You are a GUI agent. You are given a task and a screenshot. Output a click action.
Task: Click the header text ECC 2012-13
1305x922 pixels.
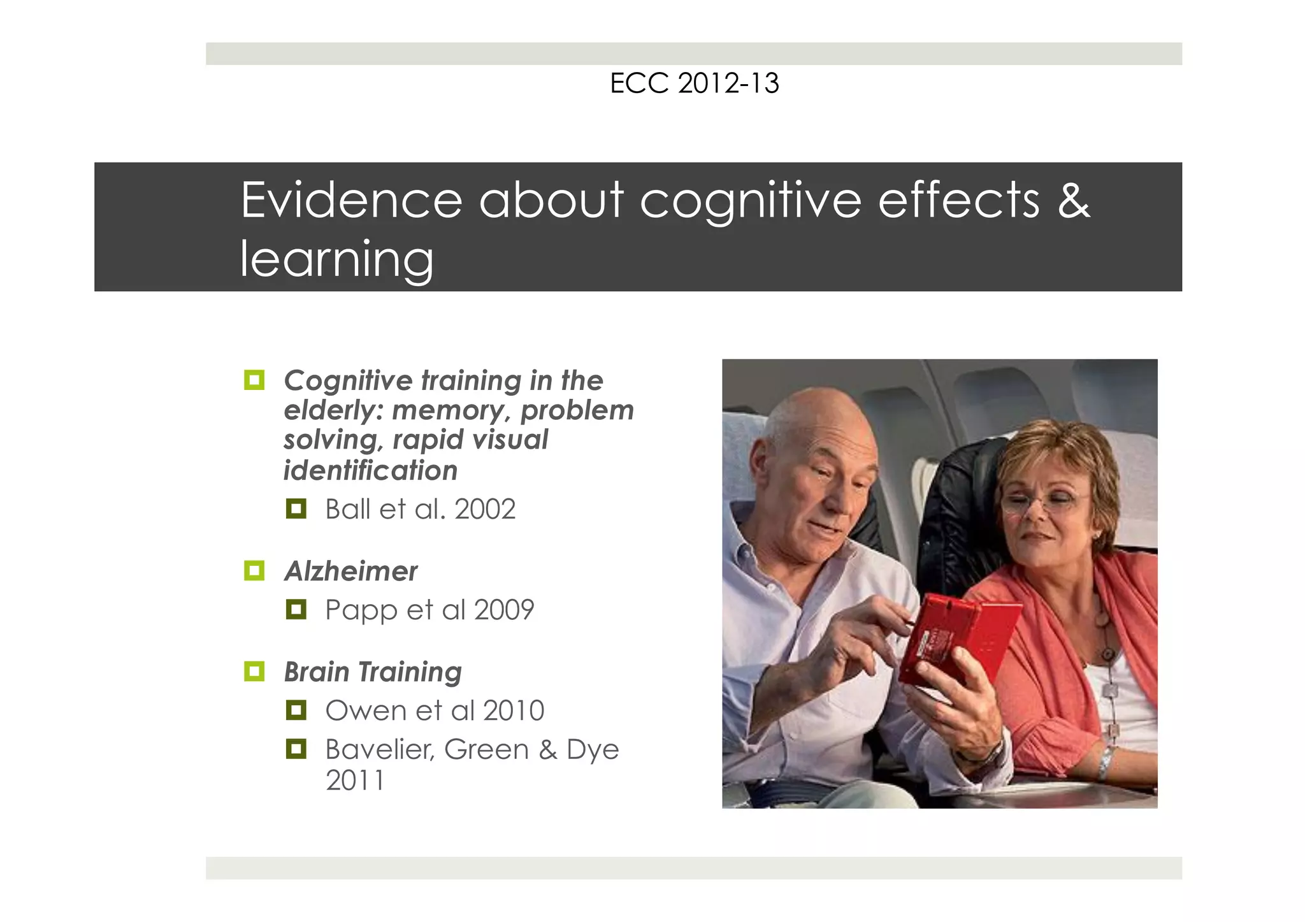694,83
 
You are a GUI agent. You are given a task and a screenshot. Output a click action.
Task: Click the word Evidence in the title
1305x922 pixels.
351,200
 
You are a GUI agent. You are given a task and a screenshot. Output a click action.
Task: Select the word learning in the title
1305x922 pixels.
336,259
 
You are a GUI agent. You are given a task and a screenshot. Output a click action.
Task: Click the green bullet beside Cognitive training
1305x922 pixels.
254,380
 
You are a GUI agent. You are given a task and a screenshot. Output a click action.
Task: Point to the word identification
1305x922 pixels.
370,471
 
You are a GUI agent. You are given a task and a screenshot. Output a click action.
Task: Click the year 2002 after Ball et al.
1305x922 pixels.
485,509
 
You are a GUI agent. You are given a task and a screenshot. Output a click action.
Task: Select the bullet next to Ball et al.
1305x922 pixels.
296,509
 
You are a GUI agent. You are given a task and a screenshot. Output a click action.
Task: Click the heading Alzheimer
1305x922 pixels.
351,571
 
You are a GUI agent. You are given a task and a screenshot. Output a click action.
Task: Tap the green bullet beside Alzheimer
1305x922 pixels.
254,570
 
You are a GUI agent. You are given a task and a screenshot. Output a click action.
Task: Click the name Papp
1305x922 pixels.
361,610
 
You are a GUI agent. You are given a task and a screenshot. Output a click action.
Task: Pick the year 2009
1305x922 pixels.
504,610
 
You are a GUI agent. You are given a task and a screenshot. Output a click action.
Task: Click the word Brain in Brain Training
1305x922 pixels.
317,672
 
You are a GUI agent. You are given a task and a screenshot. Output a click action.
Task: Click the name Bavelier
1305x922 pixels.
379,749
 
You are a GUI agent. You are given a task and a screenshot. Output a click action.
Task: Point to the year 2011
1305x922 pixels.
355,781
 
